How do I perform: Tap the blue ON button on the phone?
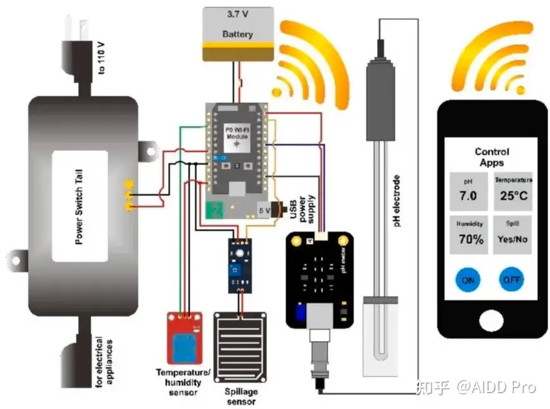point(467,280)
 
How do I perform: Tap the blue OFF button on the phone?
point(511,280)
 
